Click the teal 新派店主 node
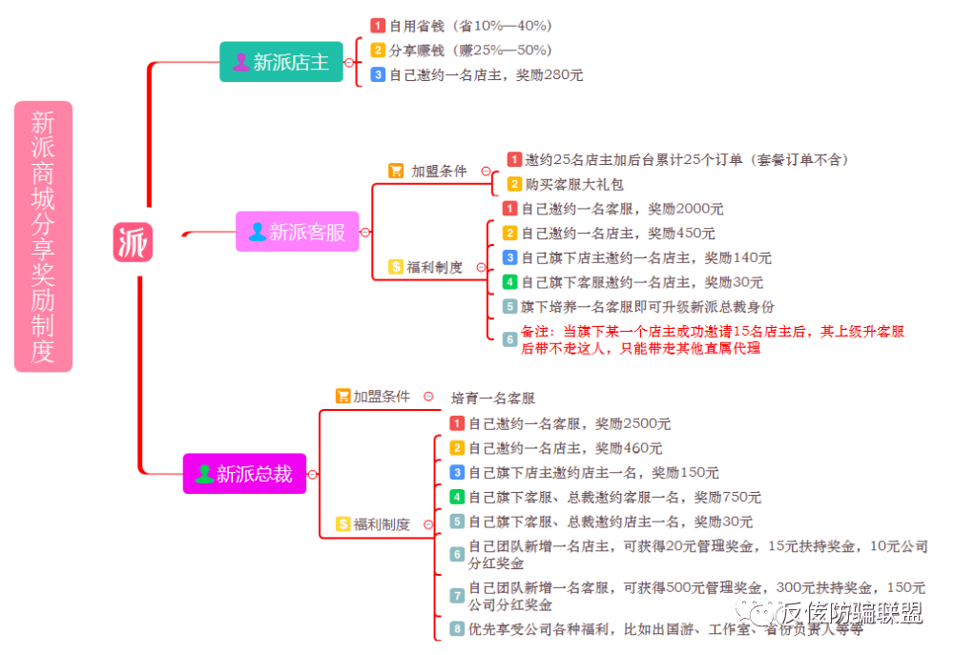(280, 62)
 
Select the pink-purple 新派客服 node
(297, 232)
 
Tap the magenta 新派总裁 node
(244, 474)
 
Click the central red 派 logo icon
(133, 243)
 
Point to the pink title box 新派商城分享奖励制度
(43, 236)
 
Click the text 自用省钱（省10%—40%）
(470, 26)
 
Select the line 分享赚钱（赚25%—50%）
(470, 50)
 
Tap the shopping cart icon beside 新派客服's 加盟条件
(396, 171)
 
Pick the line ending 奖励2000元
(622, 209)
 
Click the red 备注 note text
(712, 339)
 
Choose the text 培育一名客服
(492, 398)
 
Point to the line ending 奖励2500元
(570, 423)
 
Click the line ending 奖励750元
(614, 497)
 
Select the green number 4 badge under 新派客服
(510, 282)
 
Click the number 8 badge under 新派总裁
(457, 628)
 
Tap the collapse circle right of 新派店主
(349, 62)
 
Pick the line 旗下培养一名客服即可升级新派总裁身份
(648, 307)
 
